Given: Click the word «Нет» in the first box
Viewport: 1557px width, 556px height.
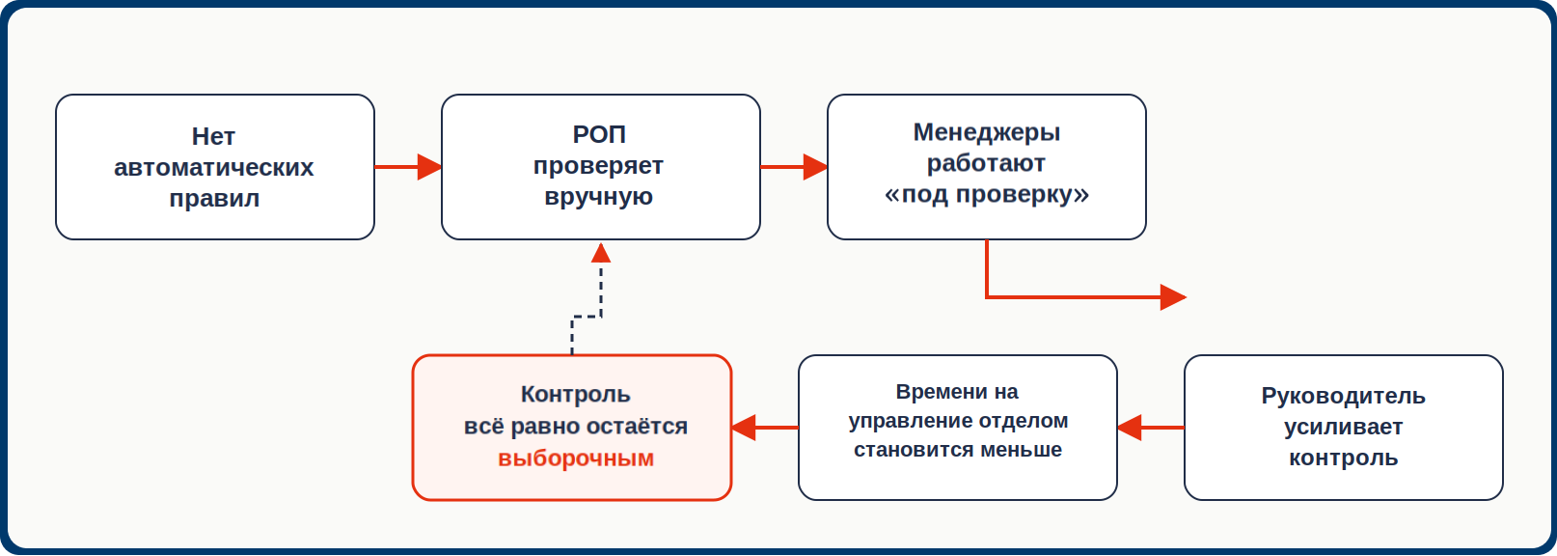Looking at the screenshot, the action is (213, 136).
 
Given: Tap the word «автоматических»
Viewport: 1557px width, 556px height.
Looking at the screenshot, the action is (214, 168).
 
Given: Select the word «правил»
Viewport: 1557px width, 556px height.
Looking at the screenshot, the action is (214, 199).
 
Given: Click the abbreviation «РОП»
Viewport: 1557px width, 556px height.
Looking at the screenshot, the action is (599, 134).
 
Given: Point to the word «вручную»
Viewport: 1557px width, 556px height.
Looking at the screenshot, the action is (598, 197).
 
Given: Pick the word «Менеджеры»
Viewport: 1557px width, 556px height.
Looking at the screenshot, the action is (986, 132).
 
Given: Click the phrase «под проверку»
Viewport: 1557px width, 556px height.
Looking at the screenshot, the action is (986, 194).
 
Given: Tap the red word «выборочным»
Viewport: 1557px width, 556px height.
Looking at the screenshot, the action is (576, 459).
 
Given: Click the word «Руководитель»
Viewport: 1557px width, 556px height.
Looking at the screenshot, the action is (1344, 396).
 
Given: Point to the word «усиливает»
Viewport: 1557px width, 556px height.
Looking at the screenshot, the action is (1344, 427).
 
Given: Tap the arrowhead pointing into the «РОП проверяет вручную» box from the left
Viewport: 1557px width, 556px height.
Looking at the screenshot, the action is (429, 167).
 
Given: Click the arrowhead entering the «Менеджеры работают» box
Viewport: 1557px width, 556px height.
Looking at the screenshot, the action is (815, 167).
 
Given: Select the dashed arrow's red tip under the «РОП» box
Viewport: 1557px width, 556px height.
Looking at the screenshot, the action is (601, 252).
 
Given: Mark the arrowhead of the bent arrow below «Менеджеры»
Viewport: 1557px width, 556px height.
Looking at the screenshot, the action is (1173, 297).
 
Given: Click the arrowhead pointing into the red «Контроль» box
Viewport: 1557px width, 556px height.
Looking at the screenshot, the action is (744, 428).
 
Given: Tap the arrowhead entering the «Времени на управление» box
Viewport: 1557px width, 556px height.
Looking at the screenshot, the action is (1130, 428).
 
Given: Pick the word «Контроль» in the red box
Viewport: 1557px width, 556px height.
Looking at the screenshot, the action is (576, 395).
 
